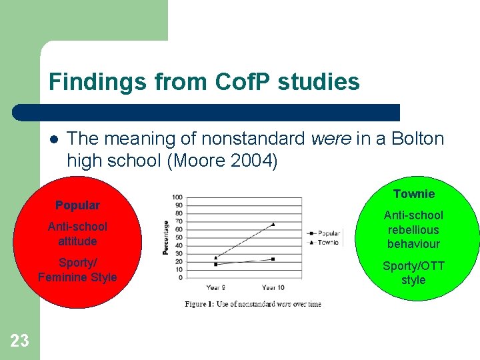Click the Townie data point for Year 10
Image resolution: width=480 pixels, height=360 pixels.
(273, 225)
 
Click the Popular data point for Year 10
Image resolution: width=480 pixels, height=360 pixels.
(273, 259)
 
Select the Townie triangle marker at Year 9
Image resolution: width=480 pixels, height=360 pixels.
(216, 257)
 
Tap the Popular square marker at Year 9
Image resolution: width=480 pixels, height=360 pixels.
(216, 265)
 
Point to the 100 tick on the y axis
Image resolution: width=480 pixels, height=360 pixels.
(177, 197)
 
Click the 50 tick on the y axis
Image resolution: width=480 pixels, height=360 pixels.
(179, 237)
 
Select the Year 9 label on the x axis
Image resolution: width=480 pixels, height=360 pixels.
(216, 287)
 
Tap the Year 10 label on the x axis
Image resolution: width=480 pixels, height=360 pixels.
(273, 287)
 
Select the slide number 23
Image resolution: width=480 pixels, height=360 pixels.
(20, 341)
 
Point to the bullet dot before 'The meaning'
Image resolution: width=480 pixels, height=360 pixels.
(53, 139)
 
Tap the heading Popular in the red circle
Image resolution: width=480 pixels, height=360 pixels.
(77, 205)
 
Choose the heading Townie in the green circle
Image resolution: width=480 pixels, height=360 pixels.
(413, 194)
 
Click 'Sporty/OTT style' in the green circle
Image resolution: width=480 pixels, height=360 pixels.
(413, 273)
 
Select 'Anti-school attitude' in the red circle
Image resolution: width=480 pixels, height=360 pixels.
(77, 233)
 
